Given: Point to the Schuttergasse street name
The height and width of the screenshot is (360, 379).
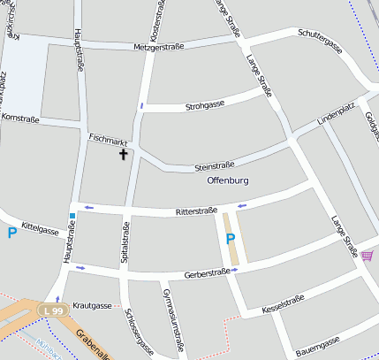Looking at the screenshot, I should (320, 41).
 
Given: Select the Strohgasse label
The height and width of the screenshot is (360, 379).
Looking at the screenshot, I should (205, 106).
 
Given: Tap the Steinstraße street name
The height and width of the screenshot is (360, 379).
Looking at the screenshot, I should (214, 165).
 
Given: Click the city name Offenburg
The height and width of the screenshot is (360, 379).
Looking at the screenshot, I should (228, 180).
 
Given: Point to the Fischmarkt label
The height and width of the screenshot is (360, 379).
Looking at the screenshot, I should (108, 141).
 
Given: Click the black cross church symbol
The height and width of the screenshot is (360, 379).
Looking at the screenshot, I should (123, 155).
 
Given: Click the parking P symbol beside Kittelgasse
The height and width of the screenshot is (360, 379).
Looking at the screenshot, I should (11, 234).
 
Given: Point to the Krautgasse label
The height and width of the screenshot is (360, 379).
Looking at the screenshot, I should (92, 305).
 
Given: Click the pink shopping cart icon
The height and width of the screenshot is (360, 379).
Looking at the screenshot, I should (368, 256).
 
